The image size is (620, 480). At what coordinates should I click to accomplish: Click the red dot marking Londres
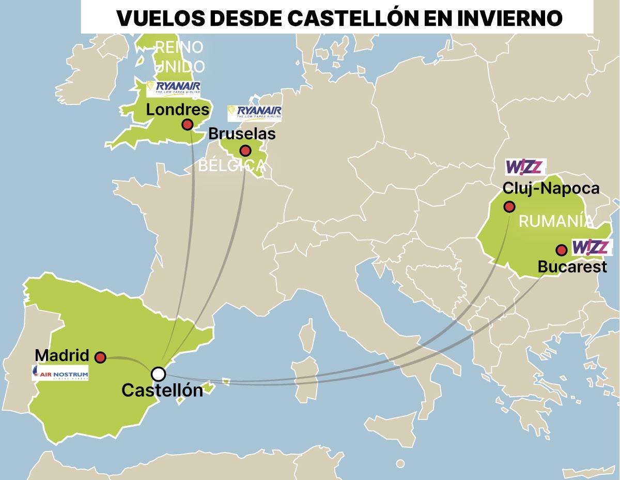[188, 125]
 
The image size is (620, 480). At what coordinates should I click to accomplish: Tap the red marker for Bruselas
[245, 151]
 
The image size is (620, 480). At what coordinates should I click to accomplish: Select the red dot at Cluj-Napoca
[509, 207]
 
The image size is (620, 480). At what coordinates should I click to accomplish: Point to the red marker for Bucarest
[561, 251]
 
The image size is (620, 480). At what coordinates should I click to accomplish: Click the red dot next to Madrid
[101, 357]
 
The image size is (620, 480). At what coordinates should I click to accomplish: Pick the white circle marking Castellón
[158, 373]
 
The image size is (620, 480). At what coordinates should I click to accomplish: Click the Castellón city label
[162, 391]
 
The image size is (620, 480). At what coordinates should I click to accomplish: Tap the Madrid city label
[61, 356]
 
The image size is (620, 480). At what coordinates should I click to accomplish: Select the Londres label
[178, 110]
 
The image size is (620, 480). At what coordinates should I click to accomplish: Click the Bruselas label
[241, 134]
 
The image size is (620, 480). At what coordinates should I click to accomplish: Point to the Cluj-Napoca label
[551, 188]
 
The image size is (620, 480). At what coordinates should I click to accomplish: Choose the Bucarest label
[571, 267]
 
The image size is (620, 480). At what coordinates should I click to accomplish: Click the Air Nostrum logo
[60, 373]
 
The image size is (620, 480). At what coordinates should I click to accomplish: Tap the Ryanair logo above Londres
[174, 88]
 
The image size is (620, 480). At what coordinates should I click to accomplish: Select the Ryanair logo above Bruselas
[255, 113]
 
